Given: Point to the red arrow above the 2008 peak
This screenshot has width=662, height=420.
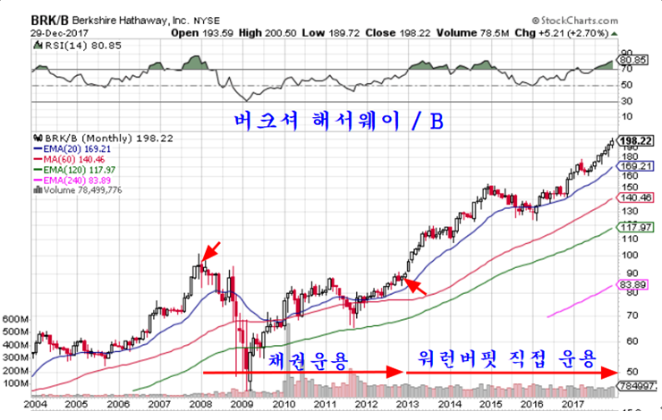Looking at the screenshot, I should (x=207, y=249).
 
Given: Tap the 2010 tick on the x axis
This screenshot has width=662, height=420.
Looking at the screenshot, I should (x=284, y=404).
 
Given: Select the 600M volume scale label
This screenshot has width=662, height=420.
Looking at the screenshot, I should (x=16, y=319).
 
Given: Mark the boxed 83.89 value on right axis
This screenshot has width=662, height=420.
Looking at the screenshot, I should (x=637, y=284).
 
